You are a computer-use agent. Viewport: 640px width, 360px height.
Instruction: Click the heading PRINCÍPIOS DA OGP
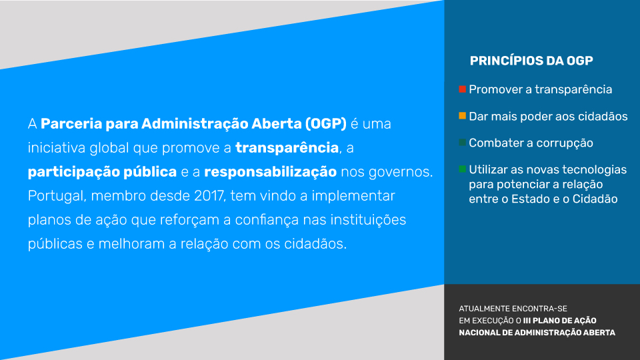point(531,61)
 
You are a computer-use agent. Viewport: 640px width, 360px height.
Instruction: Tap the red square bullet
point(462,89)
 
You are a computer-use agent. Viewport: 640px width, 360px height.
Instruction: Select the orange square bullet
point(462,115)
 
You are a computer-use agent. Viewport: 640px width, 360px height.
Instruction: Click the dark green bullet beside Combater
point(462,143)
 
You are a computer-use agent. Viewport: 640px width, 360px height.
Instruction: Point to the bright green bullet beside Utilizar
point(462,169)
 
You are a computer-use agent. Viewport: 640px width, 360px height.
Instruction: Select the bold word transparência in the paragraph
point(287,148)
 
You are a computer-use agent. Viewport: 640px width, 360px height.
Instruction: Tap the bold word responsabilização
point(270,172)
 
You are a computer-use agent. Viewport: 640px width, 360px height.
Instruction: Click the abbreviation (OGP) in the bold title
point(326,124)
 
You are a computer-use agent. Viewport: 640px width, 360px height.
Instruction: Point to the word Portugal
point(56,196)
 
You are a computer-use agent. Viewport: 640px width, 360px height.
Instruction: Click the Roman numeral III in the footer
point(527,321)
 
